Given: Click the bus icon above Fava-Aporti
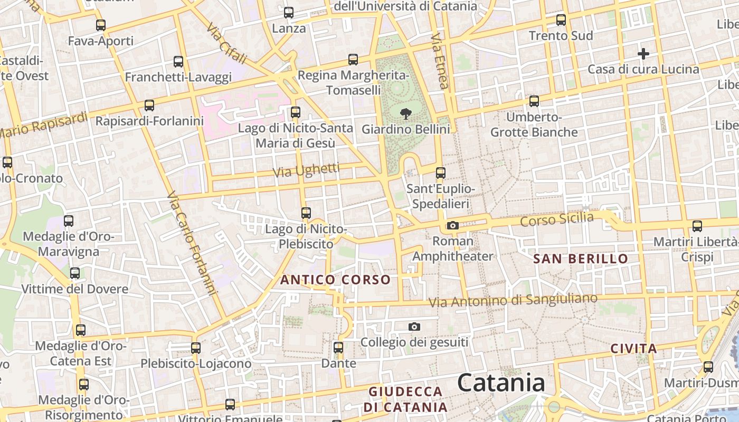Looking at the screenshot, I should tap(101, 25).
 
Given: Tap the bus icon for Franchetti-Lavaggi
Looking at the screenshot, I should tap(178, 62).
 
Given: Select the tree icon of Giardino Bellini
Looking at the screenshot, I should tap(406, 113).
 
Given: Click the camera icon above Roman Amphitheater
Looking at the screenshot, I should tap(452, 226).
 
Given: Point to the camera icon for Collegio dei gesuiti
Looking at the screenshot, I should tap(414, 327).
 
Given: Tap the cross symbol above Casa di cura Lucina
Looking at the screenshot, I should tap(643, 53).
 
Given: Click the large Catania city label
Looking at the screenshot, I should tap(501, 382).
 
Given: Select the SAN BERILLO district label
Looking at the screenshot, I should tap(581, 258).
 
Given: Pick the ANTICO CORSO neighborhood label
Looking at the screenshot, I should tap(336, 280).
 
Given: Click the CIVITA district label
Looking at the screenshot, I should tap(634, 349).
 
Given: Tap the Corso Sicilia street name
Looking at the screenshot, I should tap(557, 219).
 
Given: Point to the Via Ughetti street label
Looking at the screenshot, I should tap(306, 170).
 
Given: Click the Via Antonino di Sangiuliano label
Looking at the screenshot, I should tap(513, 300).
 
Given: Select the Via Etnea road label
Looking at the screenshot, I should tap(440, 61).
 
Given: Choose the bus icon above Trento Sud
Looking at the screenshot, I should tap(561, 20).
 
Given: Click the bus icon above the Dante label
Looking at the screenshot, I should tap(338, 348).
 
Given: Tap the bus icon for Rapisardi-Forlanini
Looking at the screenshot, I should tap(149, 105).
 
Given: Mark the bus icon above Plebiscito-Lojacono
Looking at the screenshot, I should tap(196, 348).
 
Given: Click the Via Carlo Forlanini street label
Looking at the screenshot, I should tap(192, 243).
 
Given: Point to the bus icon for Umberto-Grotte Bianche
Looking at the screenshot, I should tap(534, 101).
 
